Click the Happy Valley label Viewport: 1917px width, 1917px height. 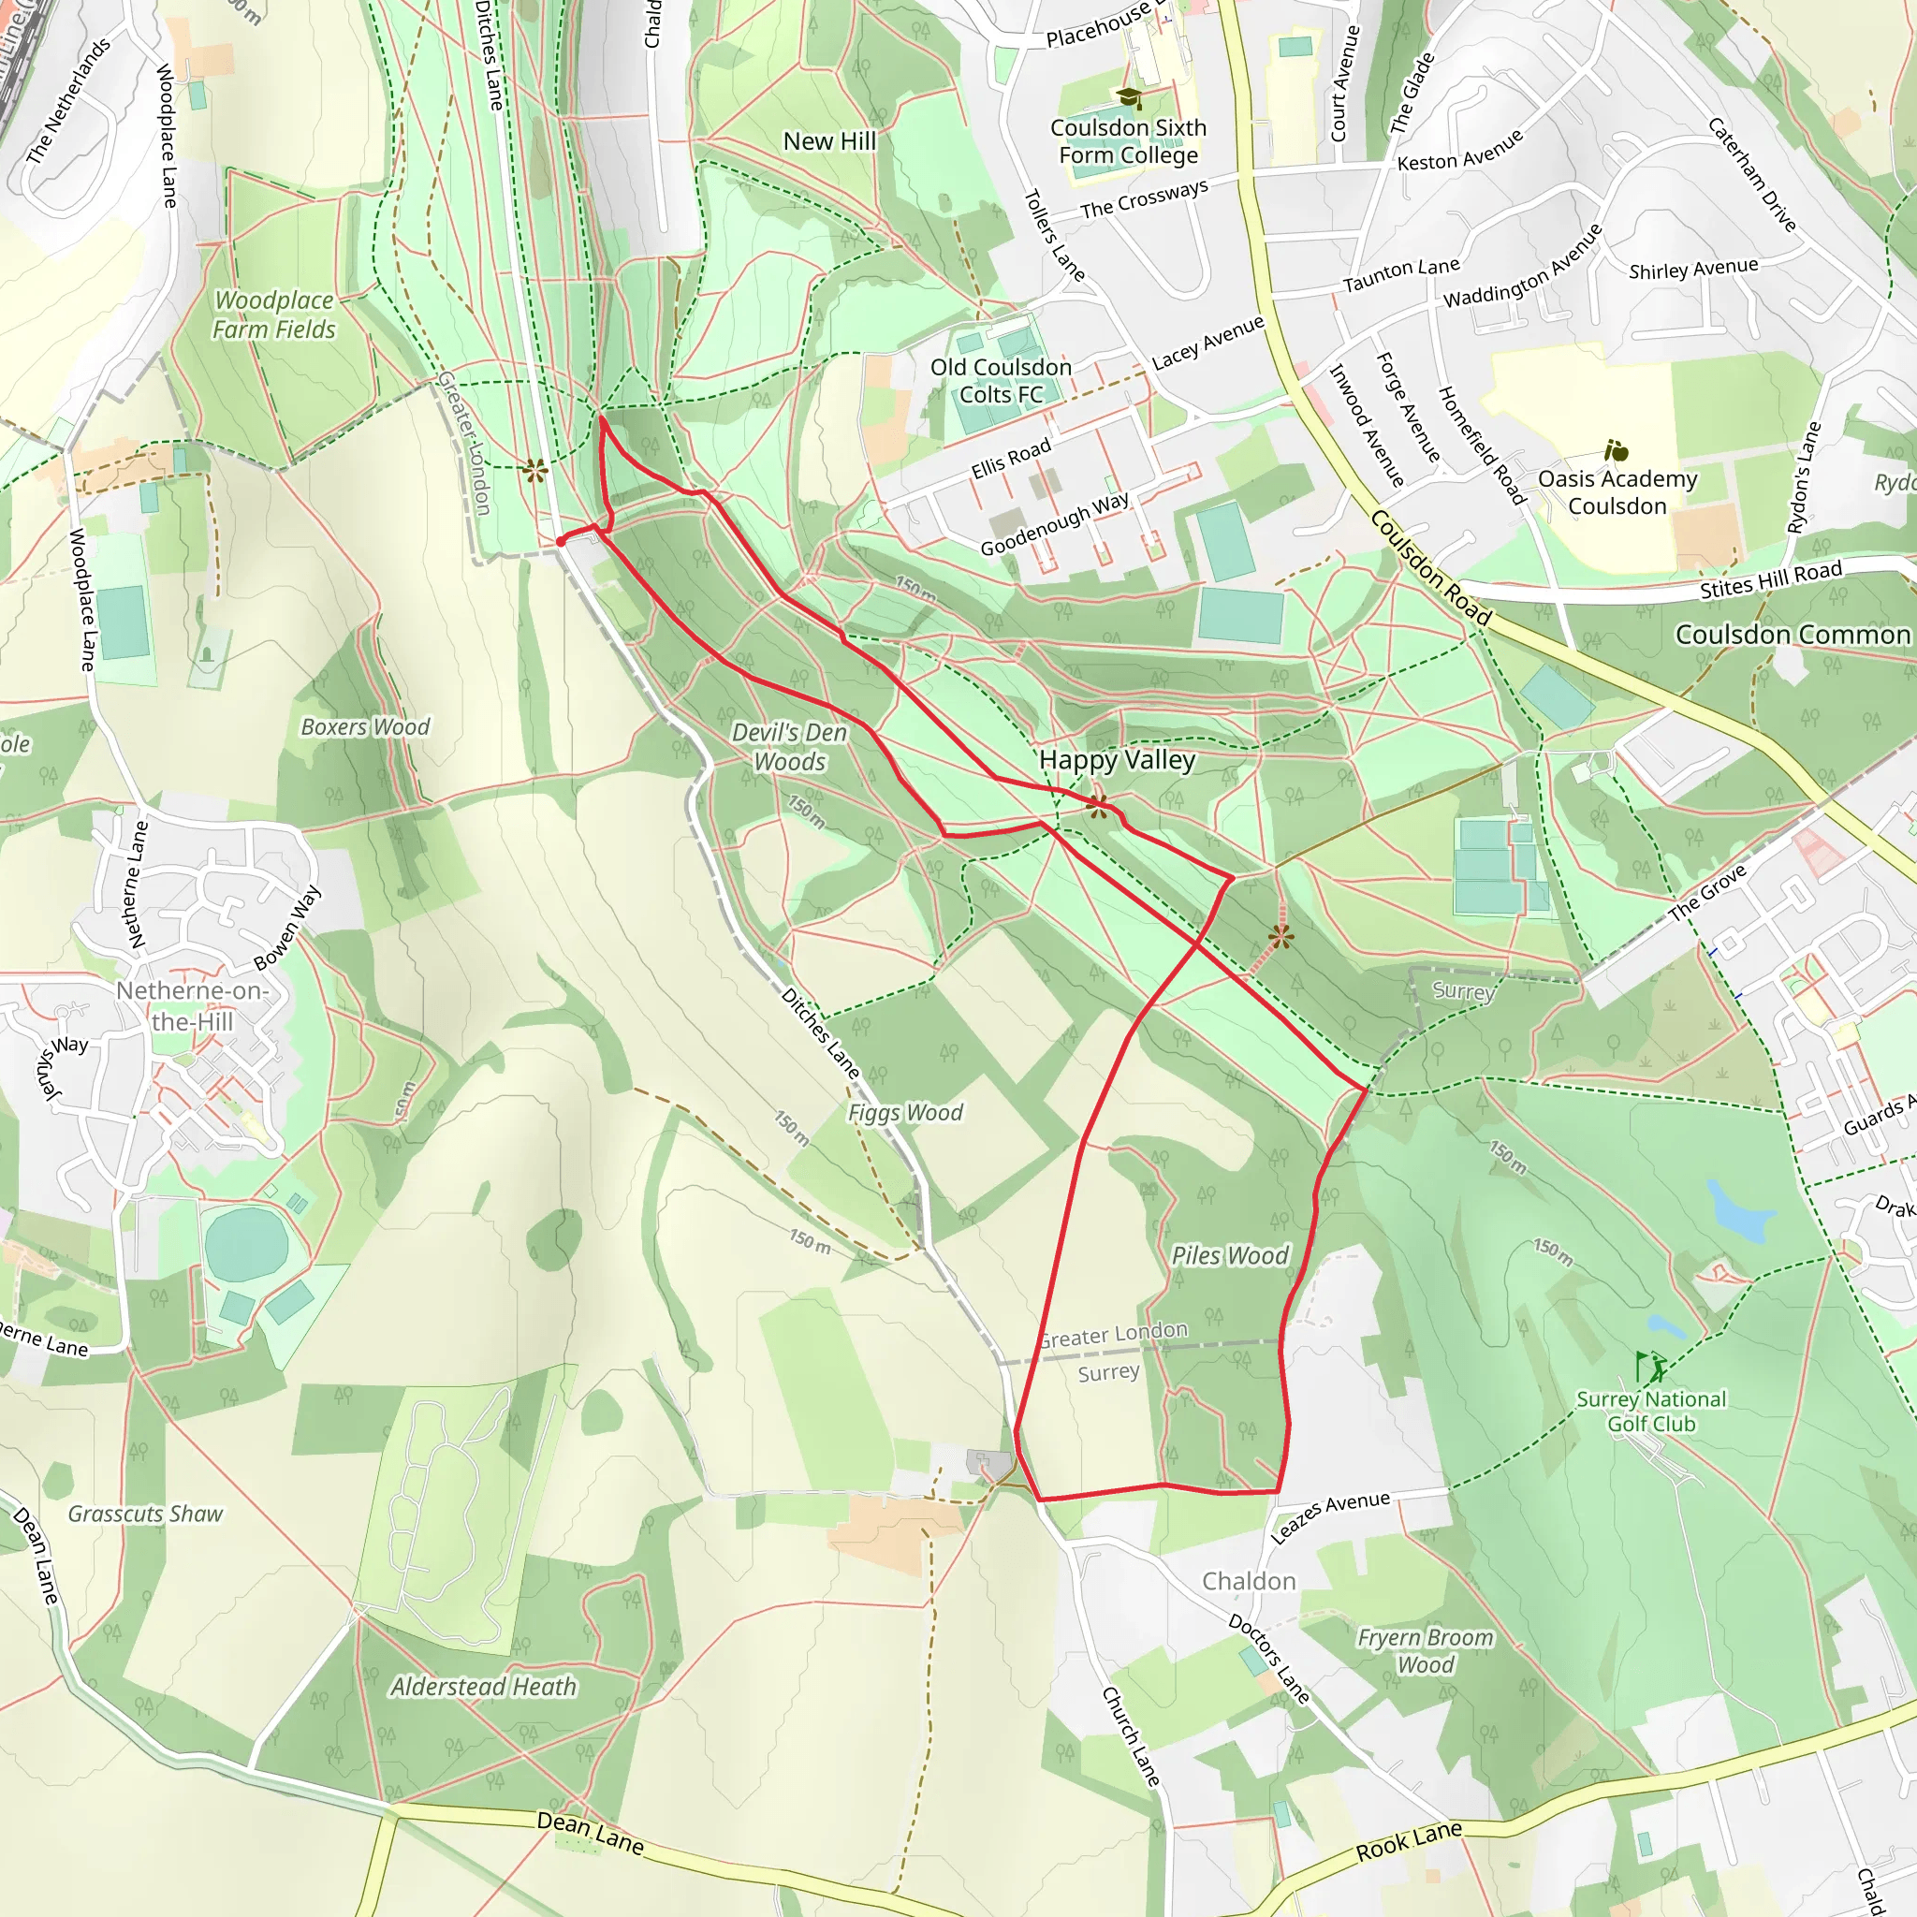pyautogui.click(x=1118, y=760)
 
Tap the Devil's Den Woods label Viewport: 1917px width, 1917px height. pyautogui.click(x=790, y=746)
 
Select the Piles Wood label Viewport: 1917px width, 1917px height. pyautogui.click(x=1229, y=1255)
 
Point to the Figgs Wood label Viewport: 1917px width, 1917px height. pyautogui.click(x=905, y=1112)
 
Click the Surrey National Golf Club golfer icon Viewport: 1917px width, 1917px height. pyautogui.click(x=1650, y=1368)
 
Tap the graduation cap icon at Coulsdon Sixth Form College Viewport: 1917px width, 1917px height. pyautogui.click(x=1129, y=97)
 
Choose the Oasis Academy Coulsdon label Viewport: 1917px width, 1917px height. pyautogui.click(x=1617, y=492)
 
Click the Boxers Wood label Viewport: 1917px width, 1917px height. pyautogui.click(x=365, y=726)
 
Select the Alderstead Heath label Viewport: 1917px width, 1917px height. pyautogui.click(x=483, y=1687)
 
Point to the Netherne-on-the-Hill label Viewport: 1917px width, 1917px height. pyautogui.click(x=193, y=1006)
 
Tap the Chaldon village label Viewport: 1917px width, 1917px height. pyautogui.click(x=1249, y=1581)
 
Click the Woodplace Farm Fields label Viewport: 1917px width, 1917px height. pyautogui.click(x=275, y=314)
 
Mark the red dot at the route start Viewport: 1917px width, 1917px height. pyautogui.click(x=561, y=541)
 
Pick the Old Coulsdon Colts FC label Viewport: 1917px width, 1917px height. pyautogui.click(x=1002, y=381)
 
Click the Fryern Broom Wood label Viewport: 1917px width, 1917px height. pyautogui.click(x=1425, y=1651)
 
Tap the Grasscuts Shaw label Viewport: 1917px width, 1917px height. pyautogui.click(x=146, y=1514)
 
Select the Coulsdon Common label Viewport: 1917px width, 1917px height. pyautogui.click(x=1792, y=634)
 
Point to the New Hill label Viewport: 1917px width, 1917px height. pyautogui.click(x=829, y=141)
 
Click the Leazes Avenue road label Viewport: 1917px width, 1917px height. pyautogui.click(x=1331, y=1517)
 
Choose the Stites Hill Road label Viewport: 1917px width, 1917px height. pyautogui.click(x=1770, y=579)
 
